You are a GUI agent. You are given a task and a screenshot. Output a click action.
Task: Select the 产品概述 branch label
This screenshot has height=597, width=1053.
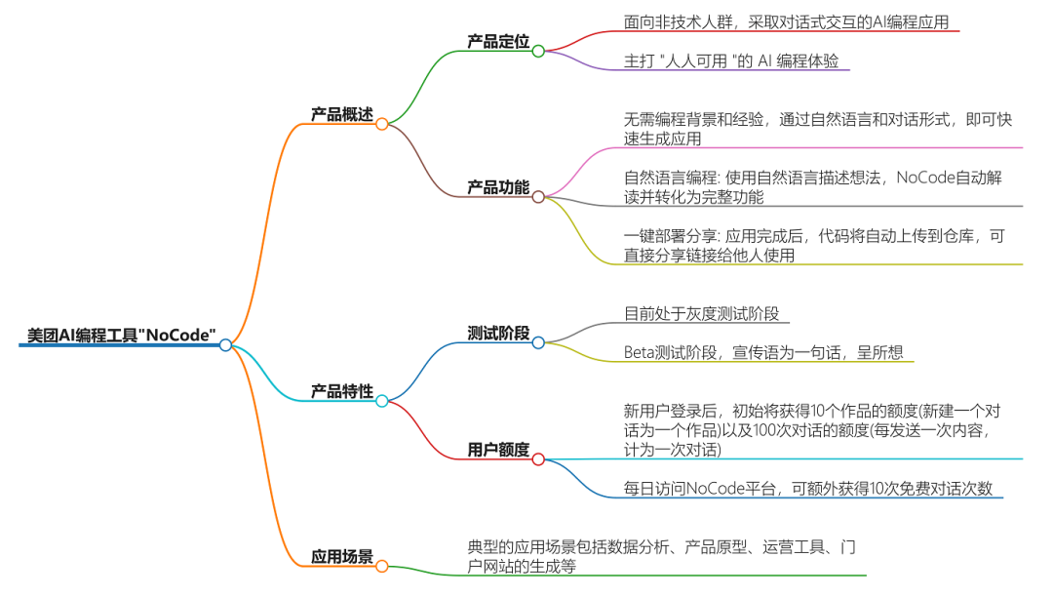(x=341, y=114)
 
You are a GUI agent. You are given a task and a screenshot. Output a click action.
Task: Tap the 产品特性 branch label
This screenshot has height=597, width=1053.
(x=341, y=391)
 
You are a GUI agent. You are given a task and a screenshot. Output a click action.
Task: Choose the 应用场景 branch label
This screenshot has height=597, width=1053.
(x=341, y=557)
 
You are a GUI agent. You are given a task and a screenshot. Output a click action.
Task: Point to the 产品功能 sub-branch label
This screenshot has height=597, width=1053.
(x=498, y=187)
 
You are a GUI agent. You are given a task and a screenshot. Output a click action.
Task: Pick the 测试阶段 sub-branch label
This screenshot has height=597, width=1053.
(x=498, y=334)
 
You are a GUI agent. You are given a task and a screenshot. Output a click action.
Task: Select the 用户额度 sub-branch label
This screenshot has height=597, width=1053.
(x=498, y=450)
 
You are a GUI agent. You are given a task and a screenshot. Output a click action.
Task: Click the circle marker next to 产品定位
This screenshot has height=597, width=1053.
(x=538, y=51)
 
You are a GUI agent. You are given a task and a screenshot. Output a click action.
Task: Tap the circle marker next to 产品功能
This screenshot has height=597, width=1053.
(x=538, y=197)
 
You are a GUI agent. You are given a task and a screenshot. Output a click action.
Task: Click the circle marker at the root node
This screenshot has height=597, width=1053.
(x=226, y=345)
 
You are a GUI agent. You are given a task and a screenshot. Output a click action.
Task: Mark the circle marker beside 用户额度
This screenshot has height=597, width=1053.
(x=538, y=459)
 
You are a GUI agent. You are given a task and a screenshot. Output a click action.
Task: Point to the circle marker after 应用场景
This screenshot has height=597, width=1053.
(x=382, y=567)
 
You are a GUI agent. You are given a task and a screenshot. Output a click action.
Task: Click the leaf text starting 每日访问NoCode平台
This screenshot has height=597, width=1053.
(x=808, y=489)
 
